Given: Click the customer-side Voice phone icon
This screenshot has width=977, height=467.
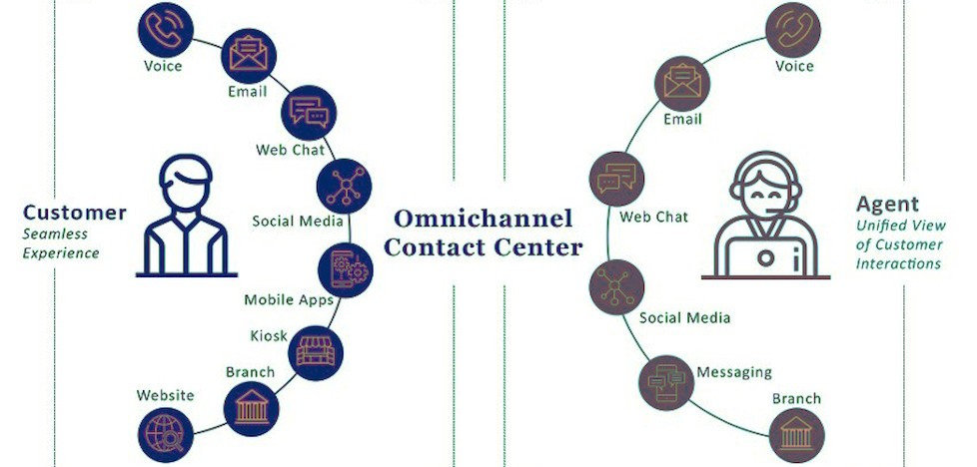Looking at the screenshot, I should pos(163,29).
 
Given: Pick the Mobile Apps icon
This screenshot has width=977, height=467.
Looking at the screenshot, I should pos(344,267).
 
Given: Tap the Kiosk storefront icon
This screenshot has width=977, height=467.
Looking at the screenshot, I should pos(318,349).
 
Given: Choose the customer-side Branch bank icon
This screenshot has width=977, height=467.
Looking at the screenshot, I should pos(250,409).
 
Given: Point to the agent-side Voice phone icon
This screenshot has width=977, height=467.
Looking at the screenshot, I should pos(794,29).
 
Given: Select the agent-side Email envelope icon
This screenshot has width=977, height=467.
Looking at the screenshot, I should pos(681,83).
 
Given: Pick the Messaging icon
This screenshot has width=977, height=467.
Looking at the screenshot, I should pos(666,380).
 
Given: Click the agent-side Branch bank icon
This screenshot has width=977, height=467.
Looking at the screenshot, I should pos(796,435).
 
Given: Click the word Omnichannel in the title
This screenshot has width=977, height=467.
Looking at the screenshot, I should pos(484,218).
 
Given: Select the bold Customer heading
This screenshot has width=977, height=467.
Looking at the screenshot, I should pos(75,213).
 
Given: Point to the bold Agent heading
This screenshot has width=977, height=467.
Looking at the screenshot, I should pos(887,205).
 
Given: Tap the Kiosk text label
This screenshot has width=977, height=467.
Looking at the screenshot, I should pos(269,335).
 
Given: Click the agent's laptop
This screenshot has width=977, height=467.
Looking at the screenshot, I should pos(766,256).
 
